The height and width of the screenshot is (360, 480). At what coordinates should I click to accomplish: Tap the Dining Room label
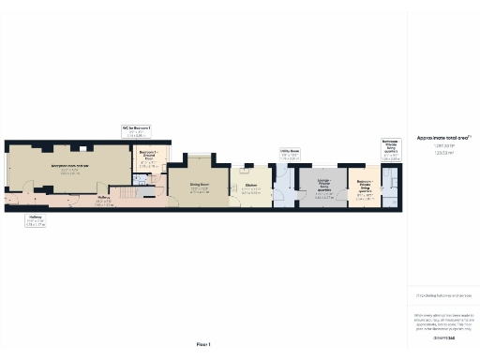(199, 187)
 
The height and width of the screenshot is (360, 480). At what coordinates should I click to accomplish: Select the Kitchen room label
(252, 187)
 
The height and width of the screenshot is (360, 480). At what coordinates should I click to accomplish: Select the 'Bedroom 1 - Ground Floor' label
(147, 157)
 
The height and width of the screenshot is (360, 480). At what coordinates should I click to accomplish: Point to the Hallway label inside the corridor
(104, 200)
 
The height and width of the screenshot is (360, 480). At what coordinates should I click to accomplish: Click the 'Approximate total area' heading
(443, 138)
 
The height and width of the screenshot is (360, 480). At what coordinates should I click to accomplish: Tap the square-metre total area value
(443, 152)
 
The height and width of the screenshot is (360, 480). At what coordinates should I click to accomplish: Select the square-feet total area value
(443, 145)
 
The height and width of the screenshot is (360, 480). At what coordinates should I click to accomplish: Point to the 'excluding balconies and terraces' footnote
(443, 294)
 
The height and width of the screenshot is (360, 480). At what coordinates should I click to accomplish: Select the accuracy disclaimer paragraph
(443, 319)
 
